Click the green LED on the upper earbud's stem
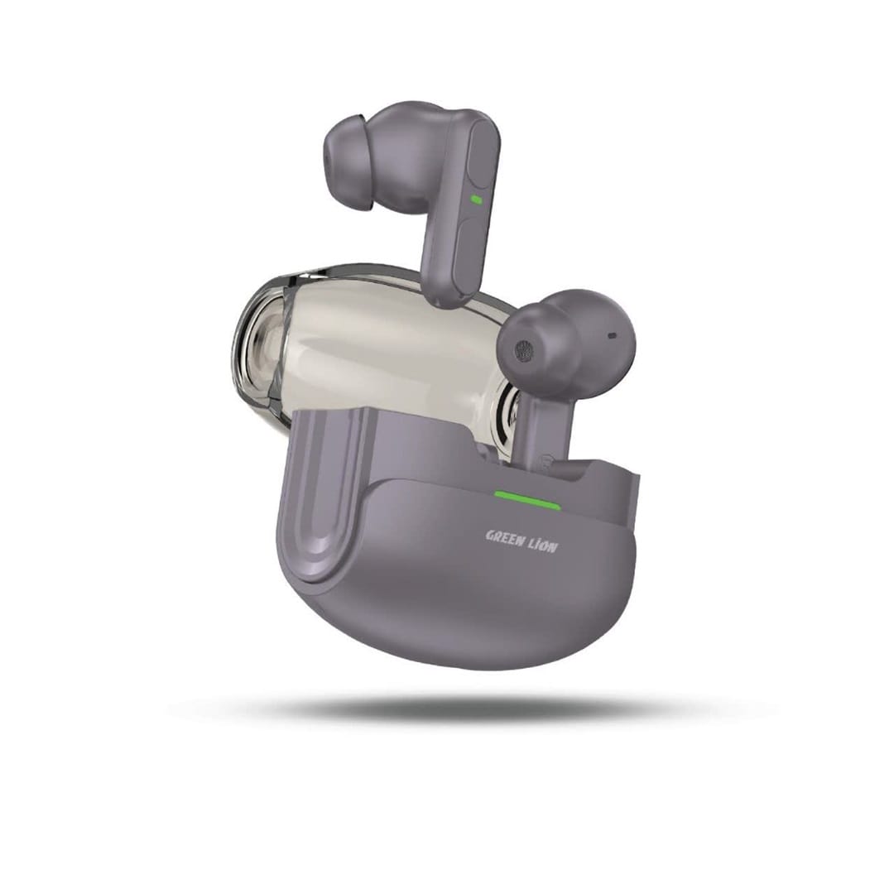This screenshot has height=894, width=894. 475,199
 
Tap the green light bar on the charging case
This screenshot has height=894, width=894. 527,499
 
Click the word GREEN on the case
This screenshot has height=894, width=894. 505,538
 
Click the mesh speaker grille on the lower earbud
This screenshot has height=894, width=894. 522,349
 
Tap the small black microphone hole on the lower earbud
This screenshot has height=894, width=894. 613,335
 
